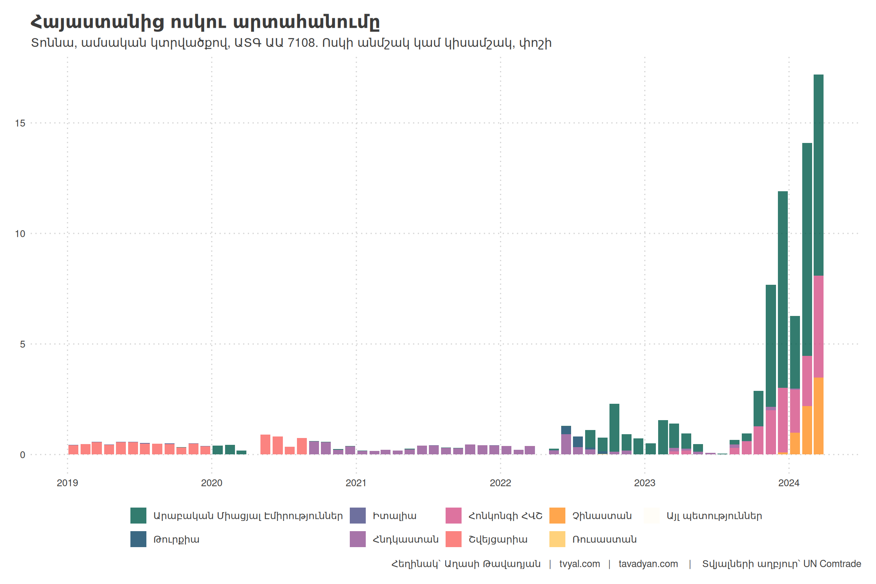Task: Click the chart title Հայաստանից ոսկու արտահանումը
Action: pos(205,22)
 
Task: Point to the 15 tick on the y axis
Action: pos(20,123)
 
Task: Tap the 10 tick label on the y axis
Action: pos(20,234)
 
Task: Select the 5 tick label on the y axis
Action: pos(23,344)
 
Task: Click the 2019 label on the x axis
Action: pos(67,483)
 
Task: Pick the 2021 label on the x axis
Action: pos(356,483)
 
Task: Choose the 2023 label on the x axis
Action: pos(644,483)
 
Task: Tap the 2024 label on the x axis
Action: pos(789,483)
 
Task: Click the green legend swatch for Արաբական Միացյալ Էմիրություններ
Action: pos(138,516)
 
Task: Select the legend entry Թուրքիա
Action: pos(176,539)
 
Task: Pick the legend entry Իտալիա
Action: pos(394,516)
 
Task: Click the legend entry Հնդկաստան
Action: pos(405,539)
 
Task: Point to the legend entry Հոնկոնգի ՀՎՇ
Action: pos(505,516)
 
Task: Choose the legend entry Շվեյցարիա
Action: pos(498,539)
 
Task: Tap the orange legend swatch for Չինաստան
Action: pos(557,516)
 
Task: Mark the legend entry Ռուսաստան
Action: pos(604,539)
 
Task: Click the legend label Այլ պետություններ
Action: pos(714,516)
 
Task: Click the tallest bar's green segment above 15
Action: pos(818,99)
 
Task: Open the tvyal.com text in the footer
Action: pos(579,564)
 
